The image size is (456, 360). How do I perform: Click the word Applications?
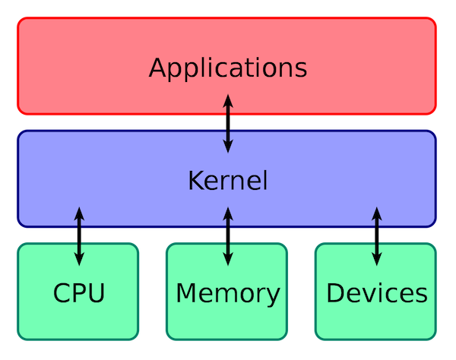tap(227, 68)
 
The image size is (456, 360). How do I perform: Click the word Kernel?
tap(227, 181)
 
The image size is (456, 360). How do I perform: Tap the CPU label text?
tap(78, 292)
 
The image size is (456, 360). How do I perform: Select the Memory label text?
tap(227, 292)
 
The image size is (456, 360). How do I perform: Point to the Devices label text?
tap(376, 292)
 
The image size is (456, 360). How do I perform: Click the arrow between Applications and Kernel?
tap(227, 123)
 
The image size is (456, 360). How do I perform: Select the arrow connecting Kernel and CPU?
tap(79, 235)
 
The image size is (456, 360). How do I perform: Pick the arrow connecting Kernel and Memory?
tap(227, 235)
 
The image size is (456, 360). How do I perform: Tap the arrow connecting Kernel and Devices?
tap(376, 235)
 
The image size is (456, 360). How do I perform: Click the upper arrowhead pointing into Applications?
tap(227, 99)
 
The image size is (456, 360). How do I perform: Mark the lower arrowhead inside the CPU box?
tap(79, 259)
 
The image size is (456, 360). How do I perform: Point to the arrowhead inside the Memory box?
tap(227, 259)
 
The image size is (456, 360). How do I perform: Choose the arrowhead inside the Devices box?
tap(376, 259)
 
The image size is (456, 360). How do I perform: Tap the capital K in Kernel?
tap(194, 181)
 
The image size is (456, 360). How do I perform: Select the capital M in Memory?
tap(185, 292)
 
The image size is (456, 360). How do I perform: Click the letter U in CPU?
tap(97, 292)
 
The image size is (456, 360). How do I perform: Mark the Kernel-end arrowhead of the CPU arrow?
tap(79, 212)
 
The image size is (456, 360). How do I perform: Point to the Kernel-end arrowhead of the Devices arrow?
tap(376, 212)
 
